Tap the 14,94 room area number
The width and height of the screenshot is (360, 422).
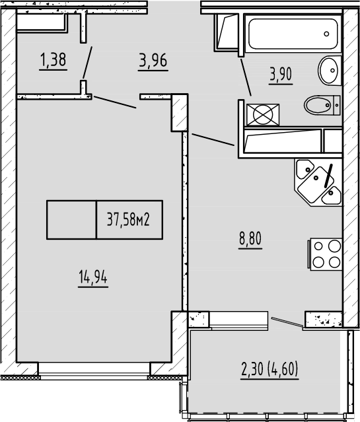pos(92,278)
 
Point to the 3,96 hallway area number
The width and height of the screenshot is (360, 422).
pos(152,61)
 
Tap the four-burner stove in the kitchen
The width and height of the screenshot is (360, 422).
pos(324,253)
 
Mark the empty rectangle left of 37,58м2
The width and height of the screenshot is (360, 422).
pos(71,219)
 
